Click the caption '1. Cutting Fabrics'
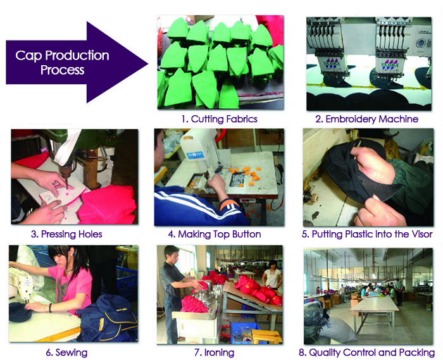219,119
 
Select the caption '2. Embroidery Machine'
366,119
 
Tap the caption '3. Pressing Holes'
66,234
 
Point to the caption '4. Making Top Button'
215,234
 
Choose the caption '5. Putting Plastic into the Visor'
367,234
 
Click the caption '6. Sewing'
66,352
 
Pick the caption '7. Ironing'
214,352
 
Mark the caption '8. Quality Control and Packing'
366,352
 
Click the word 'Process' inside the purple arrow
63,70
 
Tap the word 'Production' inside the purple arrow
77,55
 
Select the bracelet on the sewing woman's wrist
50,307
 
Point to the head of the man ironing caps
172,253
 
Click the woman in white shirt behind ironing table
272,273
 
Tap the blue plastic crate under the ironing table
245,333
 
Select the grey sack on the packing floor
335,329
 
